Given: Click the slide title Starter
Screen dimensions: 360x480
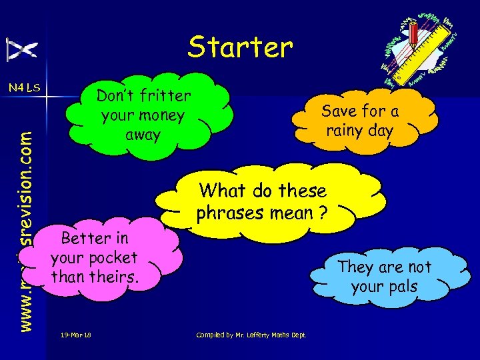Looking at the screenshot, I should (240, 47).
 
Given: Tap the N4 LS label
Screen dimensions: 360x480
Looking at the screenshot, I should (25, 87).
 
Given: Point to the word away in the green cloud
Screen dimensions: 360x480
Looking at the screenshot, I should (143, 134).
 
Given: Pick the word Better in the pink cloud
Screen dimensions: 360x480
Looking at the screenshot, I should (95, 238).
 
